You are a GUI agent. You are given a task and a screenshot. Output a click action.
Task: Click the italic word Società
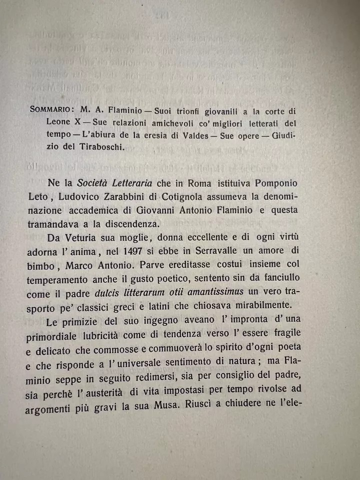point(94,183)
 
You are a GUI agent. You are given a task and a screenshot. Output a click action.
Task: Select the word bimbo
point(40,264)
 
